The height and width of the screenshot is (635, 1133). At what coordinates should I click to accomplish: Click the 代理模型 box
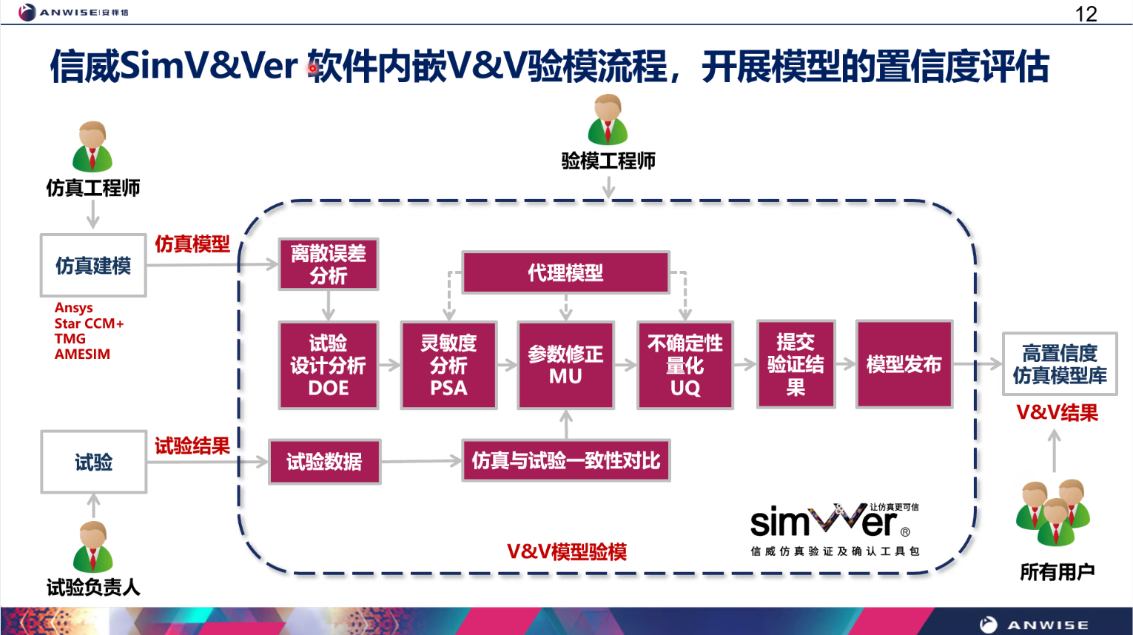coord(565,272)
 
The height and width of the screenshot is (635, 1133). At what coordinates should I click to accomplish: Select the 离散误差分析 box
coord(329,264)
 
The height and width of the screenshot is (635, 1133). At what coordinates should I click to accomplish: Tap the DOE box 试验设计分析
coord(329,365)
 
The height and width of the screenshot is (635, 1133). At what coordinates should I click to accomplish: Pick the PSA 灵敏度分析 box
coord(448,365)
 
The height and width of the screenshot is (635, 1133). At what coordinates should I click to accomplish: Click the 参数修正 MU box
coord(565,365)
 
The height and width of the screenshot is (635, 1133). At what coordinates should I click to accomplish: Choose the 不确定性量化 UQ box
coord(685,365)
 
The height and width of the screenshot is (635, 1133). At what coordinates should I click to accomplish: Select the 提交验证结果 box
coord(796,364)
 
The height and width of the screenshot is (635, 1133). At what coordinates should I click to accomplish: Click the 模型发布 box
coord(904,364)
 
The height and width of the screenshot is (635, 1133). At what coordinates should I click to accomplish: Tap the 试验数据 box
coord(324,462)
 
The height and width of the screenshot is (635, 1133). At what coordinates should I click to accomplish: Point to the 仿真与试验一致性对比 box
coord(565,460)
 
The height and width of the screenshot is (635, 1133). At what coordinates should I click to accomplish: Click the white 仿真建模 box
coord(93,266)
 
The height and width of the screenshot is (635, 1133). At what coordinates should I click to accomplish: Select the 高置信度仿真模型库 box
coord(1059,364)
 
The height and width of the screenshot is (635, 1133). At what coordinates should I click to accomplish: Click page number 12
coord(1086,14)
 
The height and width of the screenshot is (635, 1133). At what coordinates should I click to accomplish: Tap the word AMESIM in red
coord(82,355)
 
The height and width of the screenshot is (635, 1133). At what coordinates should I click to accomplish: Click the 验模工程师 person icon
coord(608,120)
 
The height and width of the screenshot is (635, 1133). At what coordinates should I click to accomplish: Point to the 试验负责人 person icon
coord(93,547)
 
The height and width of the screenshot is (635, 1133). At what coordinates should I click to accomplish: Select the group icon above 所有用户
coord(1053,511)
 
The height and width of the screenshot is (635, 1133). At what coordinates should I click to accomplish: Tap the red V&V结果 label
coord(1057,413)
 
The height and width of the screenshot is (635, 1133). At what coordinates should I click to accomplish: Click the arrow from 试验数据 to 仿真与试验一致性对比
coord(421,461)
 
